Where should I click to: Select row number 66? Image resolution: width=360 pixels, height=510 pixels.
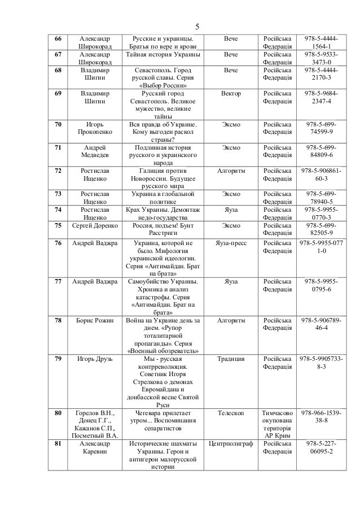[x=58, y=38]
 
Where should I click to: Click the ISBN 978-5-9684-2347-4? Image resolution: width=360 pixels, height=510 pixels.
[x=322, y=97]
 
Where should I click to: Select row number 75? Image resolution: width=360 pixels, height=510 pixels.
[x=58, y=225]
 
